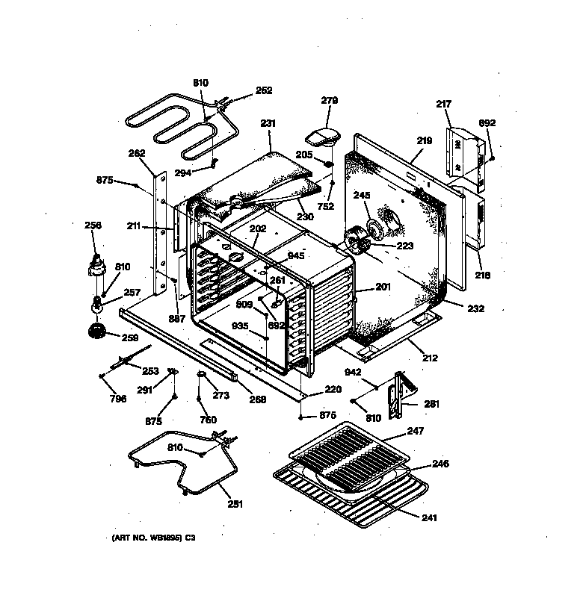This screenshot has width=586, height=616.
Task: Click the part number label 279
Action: coord(330,100)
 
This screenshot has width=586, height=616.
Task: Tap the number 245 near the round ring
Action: coord(362,196)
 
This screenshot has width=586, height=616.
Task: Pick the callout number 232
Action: coord(476,308)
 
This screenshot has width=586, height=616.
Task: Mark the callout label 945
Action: coord(296,256)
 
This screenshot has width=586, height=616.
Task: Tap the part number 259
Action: coord(130,338)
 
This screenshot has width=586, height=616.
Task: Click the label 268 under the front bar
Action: coord(257,399)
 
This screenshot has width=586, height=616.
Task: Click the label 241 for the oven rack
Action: coord(429,517)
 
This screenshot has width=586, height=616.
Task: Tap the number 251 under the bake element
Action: coord(235,504)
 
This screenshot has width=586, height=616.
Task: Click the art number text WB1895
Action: coord(165,537)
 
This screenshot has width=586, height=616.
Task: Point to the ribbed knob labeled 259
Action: coord(96,331)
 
